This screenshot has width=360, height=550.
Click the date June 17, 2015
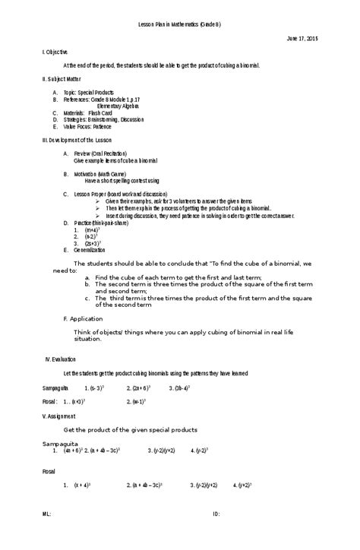coord(302,38)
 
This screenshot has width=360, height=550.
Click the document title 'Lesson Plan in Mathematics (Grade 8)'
coord(179,24)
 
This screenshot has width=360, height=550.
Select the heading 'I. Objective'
coord(55,52)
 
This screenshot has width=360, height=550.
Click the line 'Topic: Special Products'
coord(89,92)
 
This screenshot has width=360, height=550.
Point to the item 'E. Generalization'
coord(85,249)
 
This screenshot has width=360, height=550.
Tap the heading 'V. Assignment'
coord(58,416)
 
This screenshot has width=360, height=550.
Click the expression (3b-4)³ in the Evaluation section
coord(179,387)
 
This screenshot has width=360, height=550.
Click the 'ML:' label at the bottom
coord(46,535)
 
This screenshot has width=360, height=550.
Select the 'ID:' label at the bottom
coord(216,535)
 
